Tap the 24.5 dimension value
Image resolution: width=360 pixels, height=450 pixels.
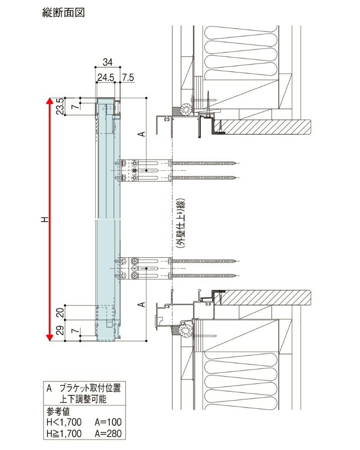click(104, 77)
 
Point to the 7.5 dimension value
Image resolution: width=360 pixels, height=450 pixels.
click(128, 77)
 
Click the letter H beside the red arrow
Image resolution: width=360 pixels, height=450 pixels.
click(44, 219)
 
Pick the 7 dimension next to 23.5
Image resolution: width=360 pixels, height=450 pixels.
click(75, 107)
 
